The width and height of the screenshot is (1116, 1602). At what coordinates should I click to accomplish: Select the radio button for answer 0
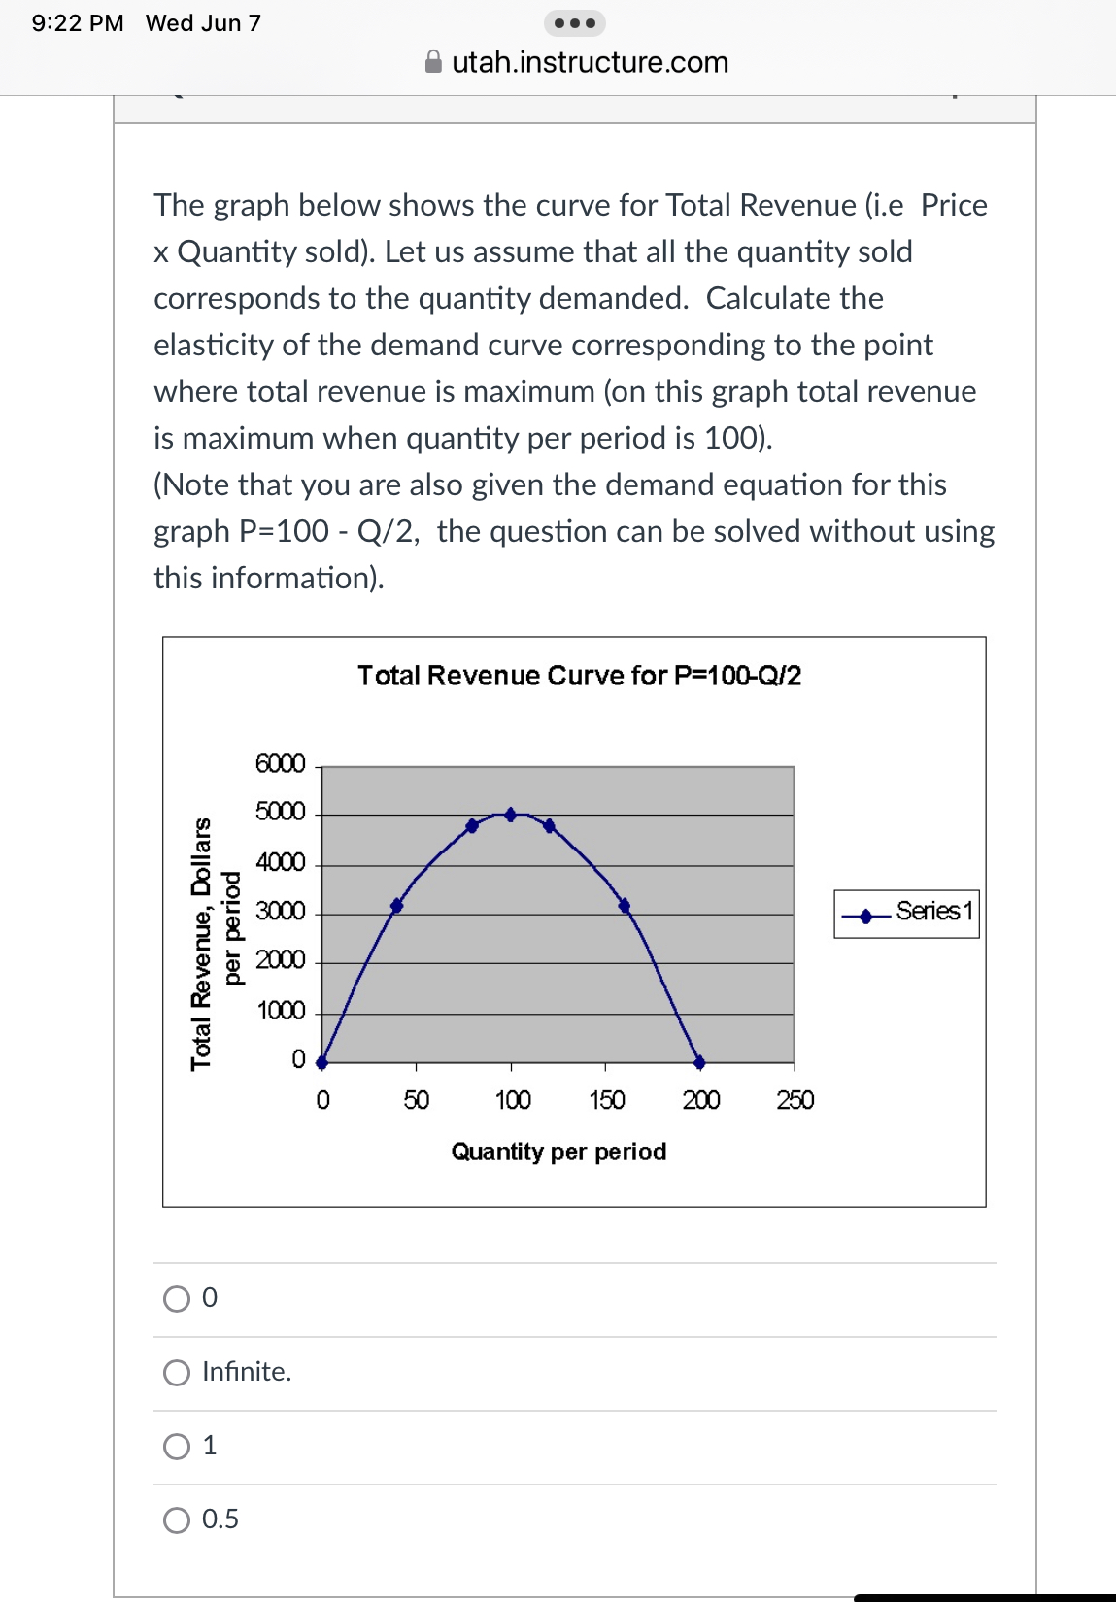pyautogui.click(x=177, y=1299)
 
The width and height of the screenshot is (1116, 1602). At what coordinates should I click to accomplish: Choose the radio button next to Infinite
pyautogui.click(x=177, y=1373)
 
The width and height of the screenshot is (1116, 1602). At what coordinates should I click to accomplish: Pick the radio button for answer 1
pyautogui.click(x=177, y=1447)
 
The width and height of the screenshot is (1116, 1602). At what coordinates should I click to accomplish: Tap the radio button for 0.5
pyautogui.click(x=177, y=1520)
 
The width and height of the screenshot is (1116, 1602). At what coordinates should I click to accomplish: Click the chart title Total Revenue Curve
pyautogui.click(x=579, y=676)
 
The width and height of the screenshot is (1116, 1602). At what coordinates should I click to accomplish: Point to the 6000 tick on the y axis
pyautogui.click(x=280, y=764)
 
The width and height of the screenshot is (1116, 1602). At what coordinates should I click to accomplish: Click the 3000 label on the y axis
pyautogui.click(x=280, y=912)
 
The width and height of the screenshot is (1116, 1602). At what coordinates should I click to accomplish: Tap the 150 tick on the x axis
pyautogui.click(x=606, y=1100)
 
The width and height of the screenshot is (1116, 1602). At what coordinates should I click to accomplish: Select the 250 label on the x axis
pyautogui.click(x=795, y=1100)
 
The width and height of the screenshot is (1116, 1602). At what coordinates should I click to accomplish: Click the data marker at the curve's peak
pyautogui.click(x=511, y=815)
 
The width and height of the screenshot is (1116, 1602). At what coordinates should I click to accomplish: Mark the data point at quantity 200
pyautogui.click(x=699, y=1062)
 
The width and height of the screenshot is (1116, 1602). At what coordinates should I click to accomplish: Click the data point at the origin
pyautogui.click(x=322, y=1062)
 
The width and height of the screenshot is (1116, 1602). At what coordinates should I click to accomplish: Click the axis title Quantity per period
pyautogui.click(x=558, y=1151)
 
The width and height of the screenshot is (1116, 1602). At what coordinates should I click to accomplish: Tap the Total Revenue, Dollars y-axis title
pyautogui.click(x=201, y=944)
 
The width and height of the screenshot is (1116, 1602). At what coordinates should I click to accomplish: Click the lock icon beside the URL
pyautogui.click(x=434, y=62)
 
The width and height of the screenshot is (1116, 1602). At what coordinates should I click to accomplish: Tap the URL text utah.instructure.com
pyautogui.click(x=590, y=62)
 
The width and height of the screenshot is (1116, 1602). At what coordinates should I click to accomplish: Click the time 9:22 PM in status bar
pyautogui.click(x=78, y=23)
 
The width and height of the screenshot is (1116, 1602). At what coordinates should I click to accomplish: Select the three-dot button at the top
pyautogui.click(x=575, y=23)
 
